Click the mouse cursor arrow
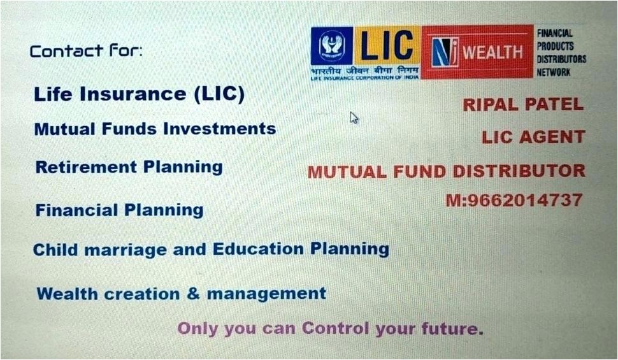354,117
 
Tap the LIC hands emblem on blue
332,45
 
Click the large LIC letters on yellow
386,45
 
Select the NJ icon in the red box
445,52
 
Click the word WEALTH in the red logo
492,52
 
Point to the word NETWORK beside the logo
554,72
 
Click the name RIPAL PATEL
523,104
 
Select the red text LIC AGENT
533,137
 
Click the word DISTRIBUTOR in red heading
519,171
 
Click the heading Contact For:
86,51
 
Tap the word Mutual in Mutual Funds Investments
65,129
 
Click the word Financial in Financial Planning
77,210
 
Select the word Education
258,248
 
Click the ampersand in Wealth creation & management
193,293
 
